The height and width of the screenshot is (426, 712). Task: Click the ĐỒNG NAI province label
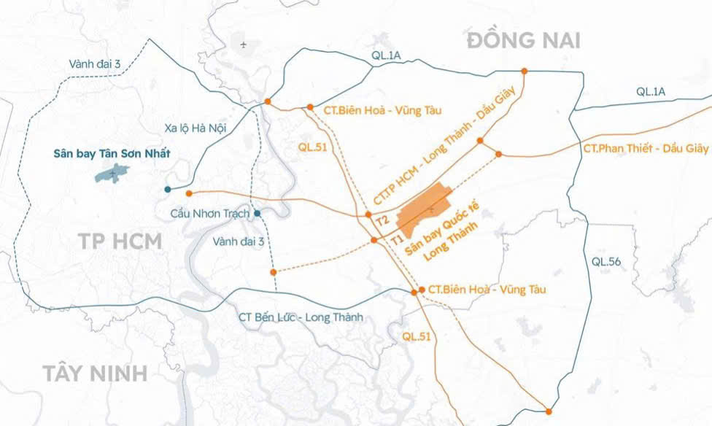524,40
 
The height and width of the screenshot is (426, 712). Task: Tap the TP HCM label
120,242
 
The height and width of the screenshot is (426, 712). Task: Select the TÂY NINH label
95,374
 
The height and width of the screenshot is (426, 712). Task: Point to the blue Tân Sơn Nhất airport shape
112,173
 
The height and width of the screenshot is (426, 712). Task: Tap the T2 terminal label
382,219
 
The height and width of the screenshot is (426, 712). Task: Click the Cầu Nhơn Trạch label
209,214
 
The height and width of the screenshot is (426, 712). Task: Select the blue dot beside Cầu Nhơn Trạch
257,214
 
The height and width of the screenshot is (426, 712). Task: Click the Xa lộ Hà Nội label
196,128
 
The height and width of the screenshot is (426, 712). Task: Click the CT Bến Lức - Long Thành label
301,317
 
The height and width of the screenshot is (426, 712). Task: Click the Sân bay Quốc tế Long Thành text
441,237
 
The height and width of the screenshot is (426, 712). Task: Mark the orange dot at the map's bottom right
548,411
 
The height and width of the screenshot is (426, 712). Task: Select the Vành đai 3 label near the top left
95,64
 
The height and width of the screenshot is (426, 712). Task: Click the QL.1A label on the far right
651,91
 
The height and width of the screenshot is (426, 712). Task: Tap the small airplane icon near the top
244,44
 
